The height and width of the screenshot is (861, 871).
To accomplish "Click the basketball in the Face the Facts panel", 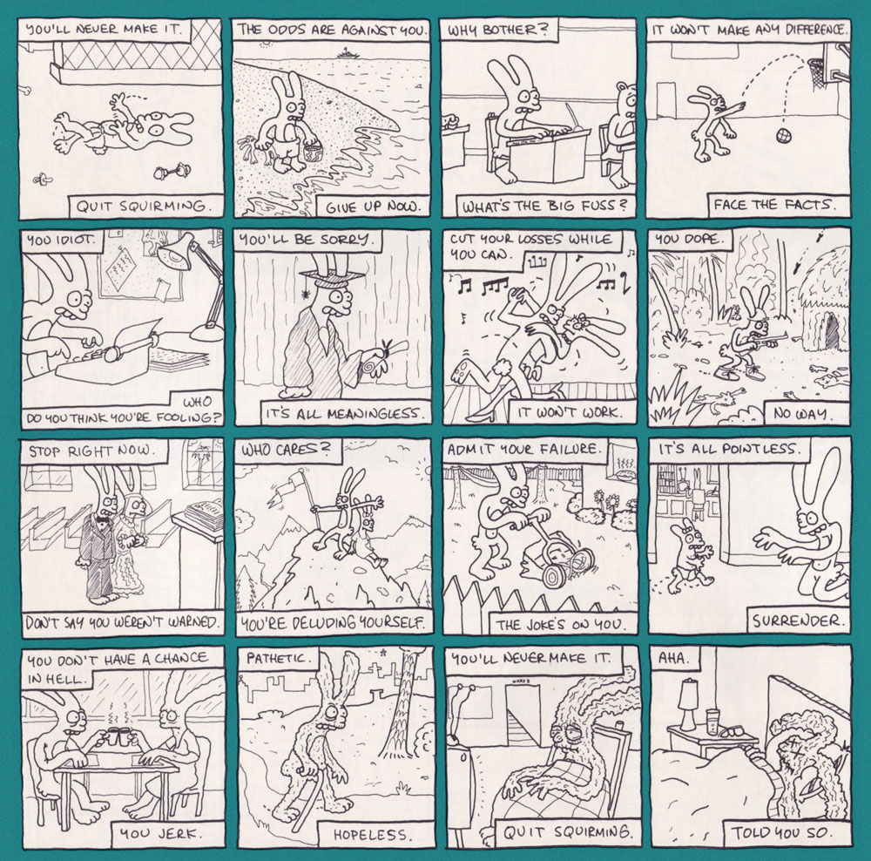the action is [784, 135].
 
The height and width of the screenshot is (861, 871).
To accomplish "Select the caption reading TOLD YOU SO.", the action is [781, 832].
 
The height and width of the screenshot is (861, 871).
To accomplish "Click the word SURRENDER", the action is [798, 620].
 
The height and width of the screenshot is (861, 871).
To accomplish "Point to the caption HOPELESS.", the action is [370, 834].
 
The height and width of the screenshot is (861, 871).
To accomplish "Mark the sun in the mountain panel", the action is [424, 469].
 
